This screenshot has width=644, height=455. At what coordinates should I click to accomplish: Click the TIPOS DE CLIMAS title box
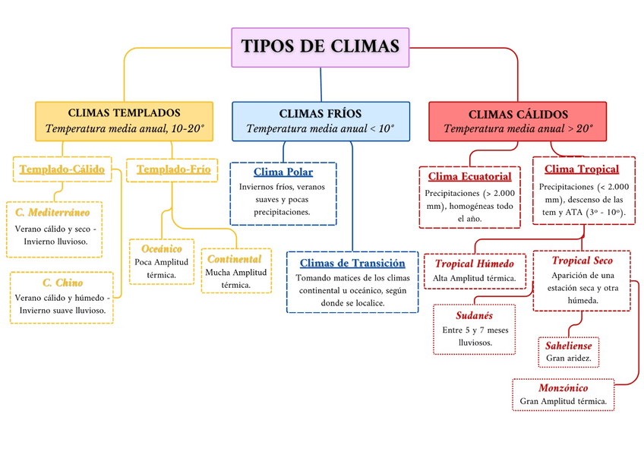pyautogui.click(x=320, y=47)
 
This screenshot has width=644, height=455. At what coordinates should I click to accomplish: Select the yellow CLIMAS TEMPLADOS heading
pyautogui.click(x=124, y=113)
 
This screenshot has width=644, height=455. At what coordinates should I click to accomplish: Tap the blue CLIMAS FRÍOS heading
pyautogui.click(x=320, y=114)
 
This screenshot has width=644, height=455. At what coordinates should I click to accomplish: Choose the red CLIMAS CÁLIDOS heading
pyautogui.click(x=518, y=114)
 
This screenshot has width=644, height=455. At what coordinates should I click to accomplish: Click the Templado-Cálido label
pyautogui.click(x=62, y=169)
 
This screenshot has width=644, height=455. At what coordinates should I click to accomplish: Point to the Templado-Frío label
pyautogui.click(x=173, y=169)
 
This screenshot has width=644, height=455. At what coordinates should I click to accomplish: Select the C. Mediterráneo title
pyautogui.click(x=52, y=212)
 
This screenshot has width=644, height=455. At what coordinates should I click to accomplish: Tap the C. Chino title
pyautogui.click(x=62, y=283)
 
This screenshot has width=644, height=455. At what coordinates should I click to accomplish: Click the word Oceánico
pyautogui.click(x=162, y=249)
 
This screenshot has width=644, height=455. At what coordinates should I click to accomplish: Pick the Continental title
pyautogui.click(x=235, y=259)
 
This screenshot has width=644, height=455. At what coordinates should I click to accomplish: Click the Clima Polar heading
pyautogui.click(x=283, y=172)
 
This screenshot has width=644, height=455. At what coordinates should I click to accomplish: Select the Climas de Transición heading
pyautogui.click(x=352, y=264)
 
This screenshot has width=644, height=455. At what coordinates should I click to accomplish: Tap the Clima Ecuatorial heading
pyautogui.click(x=470, y=176)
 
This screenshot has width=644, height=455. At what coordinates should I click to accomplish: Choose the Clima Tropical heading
pyautogui.click(x=582, y=169)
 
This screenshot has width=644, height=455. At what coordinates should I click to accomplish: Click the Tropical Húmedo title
pyautogui.click(x=475, y=264)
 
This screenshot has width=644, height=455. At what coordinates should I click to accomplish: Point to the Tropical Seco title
pyautogui.click(x=582, y=261)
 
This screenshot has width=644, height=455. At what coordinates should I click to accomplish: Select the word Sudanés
pyautogui.click(x=474, y=316)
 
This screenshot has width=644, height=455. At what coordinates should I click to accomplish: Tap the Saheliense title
pyautogui.click(x=568, y=346)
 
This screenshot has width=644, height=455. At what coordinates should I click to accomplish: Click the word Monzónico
pyautogui.click(x=563, y=388)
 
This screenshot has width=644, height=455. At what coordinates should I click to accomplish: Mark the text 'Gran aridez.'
pyautogui.click(x=568, y=358)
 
